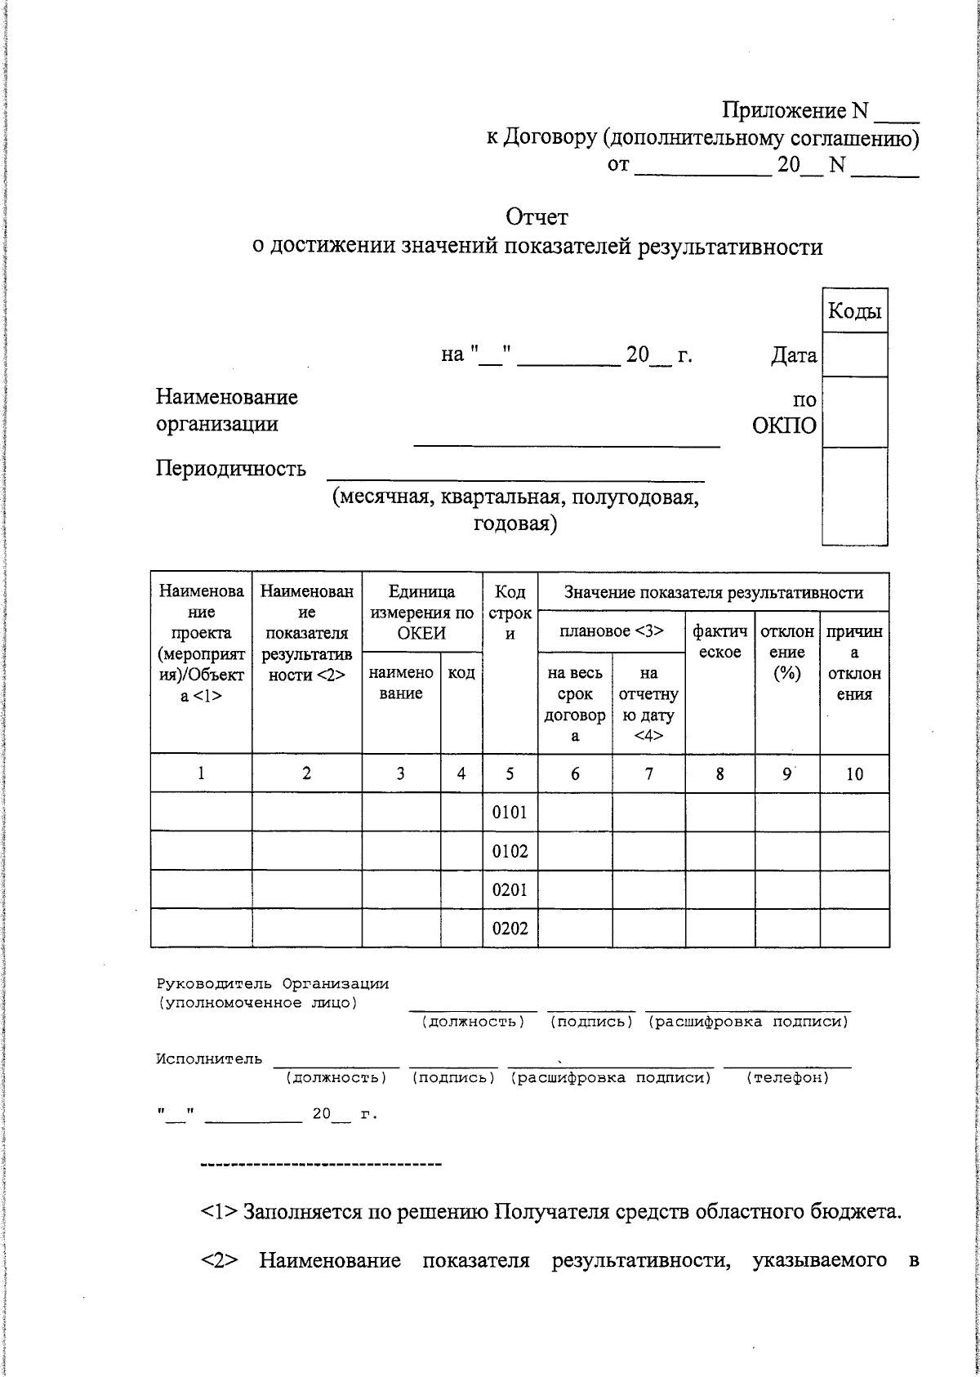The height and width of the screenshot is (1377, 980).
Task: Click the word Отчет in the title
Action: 537,217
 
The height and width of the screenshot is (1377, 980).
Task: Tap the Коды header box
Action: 854,311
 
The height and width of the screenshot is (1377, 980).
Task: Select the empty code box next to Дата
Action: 854,354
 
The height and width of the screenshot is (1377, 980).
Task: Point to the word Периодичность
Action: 231,469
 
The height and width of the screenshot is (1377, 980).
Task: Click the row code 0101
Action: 510,813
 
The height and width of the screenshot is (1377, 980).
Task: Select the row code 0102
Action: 510,852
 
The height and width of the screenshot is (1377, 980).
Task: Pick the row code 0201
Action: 510,890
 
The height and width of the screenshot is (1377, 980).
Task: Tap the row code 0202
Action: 510,929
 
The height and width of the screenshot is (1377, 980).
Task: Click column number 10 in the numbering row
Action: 854,774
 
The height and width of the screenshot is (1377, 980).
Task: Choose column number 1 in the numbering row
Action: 201,774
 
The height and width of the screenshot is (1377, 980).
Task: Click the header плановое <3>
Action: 611,631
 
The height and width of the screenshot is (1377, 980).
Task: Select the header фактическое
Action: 719,641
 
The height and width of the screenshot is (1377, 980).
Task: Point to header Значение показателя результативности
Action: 713,593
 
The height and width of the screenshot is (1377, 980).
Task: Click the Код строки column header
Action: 510,613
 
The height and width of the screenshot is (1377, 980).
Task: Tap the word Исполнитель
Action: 209,1059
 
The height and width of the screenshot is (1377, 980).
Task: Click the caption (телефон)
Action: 787,1078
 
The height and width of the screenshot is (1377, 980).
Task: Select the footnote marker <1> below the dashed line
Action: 219,1212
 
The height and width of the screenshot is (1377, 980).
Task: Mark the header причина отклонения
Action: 854,662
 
